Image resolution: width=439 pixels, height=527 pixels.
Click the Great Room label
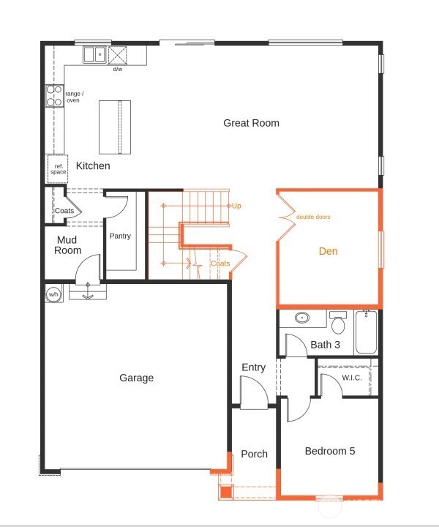(x=251, y=123)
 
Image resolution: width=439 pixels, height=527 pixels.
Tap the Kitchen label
(x=93, y=166)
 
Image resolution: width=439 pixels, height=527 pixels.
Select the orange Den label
(x=329, y=251)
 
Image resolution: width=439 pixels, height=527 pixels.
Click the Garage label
(x=137, y=378)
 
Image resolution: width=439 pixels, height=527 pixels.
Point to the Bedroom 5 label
(x=330, y=451)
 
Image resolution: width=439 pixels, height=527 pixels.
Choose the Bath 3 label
(x=326, y=345)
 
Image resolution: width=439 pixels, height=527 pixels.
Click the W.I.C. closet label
(x=352, y=378)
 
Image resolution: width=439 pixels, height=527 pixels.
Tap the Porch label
(x=254, y=454)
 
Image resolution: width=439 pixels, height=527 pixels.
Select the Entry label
(x=253, y=367)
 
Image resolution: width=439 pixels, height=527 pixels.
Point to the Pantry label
(x=120, y=236)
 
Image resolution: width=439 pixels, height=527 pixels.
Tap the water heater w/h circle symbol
(x=53, y=294)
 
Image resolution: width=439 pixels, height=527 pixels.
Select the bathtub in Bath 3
(x=366, y=332)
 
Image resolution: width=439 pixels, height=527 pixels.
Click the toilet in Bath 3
(x=338, y=322)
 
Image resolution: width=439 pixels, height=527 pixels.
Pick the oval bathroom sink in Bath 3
(x=302, y=318)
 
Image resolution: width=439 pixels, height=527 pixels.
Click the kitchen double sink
(x=94, y=54)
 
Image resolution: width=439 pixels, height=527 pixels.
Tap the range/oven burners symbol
(x=55, y=97)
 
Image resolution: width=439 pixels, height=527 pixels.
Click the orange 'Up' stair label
(x=236, y=206)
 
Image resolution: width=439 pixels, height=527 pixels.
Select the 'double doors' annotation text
(x=313, y=217)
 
